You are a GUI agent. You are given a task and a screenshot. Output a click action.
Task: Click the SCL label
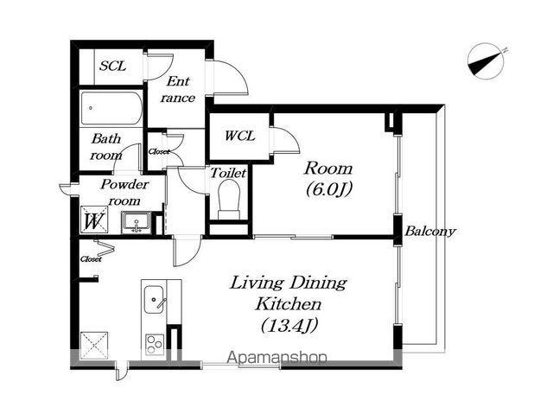coord(112,66)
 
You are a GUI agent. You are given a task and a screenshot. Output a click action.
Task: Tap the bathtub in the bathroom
coord(111,108)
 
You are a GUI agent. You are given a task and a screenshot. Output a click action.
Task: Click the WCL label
coord(240,136)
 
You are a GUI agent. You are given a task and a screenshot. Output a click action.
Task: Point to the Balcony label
coord(430,232)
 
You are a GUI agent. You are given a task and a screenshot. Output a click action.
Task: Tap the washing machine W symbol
coord(94,220)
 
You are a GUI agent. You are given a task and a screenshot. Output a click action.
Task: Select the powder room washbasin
coord(137,222)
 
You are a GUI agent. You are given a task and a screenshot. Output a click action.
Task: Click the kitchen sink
coord(154,299)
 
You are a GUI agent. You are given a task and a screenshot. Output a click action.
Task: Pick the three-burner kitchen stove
coord(155,344)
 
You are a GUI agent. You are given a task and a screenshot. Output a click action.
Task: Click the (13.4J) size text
coord(289,326)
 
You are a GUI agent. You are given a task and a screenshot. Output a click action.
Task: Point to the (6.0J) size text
coord(328,190)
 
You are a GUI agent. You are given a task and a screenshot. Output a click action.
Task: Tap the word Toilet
coord(228,173)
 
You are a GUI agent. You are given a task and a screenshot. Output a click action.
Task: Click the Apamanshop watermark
coord(276,358)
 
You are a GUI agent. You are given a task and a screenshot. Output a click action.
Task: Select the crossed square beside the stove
coord(94,346)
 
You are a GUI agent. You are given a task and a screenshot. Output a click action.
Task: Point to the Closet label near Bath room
coord(158,151)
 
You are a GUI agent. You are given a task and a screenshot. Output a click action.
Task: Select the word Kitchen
coord(288,304)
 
